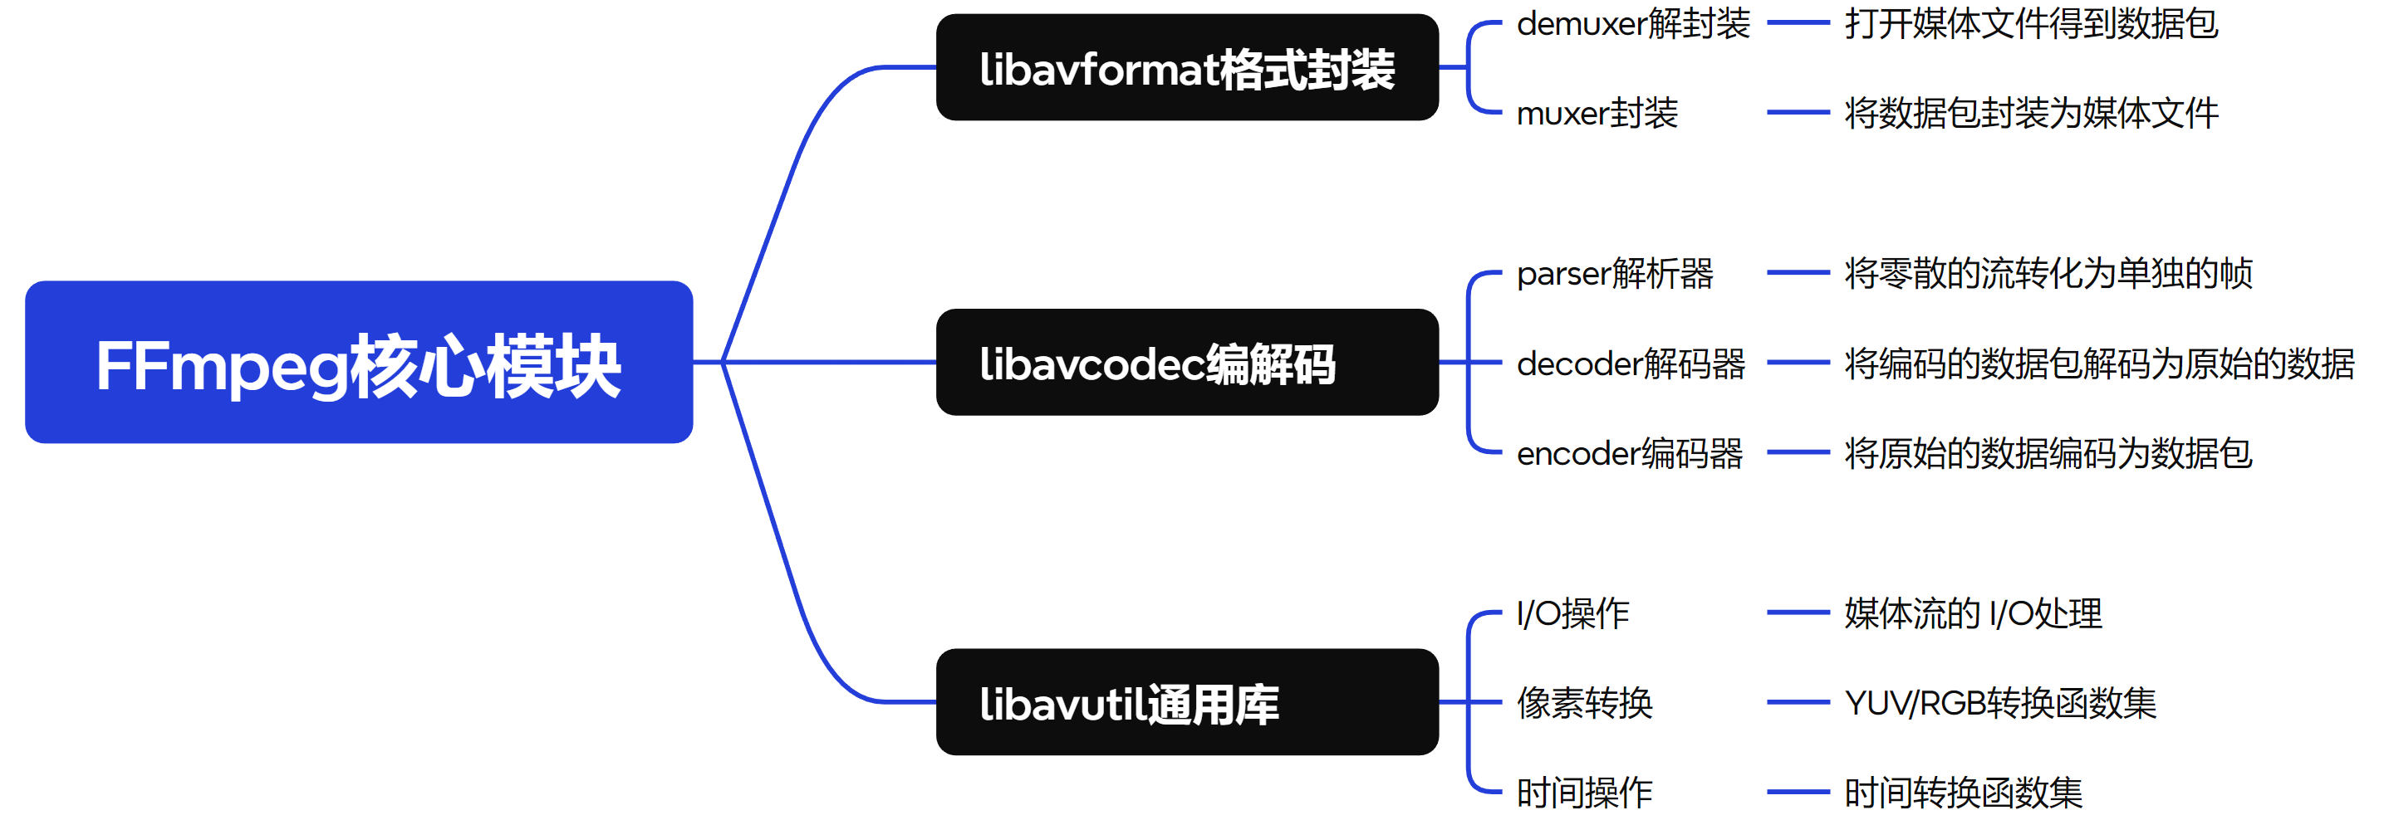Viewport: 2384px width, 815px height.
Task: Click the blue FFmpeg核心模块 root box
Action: coord(359,363)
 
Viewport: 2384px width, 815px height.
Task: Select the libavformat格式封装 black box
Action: coord(1186,67)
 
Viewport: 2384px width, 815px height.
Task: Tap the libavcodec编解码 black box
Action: coord(1186,363)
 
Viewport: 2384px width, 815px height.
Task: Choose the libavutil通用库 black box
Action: coord(1186,702)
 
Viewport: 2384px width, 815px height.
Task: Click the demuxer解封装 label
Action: coord(1632,23)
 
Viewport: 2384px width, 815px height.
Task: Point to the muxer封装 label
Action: coord(1597,113)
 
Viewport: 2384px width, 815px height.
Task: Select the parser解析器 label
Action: coord(1615,273)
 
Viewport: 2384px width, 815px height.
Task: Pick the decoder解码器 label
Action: coord(1631,364)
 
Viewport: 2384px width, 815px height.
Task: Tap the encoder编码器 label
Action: coord(1630,453)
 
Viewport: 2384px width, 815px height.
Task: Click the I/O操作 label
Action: coord(1572,613)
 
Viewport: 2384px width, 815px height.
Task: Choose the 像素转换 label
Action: coord(1584,703)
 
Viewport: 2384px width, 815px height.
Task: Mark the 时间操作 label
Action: coord(1584,793)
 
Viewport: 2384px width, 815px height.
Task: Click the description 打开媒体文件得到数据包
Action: coord(2032,23)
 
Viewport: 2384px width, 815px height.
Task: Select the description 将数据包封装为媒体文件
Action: coord(2032,113)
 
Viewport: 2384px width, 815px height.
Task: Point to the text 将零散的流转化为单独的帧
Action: coord(2048,273)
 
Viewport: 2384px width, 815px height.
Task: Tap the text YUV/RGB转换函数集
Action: coord(2000,703)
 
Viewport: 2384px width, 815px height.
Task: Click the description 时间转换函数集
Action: coord(1963,793)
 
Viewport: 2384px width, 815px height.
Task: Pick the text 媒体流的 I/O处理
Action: coord(1973,613)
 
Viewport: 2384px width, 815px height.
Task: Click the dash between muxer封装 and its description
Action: coord(1798,113)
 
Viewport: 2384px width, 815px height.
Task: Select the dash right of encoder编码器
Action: coord(1798,453)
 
